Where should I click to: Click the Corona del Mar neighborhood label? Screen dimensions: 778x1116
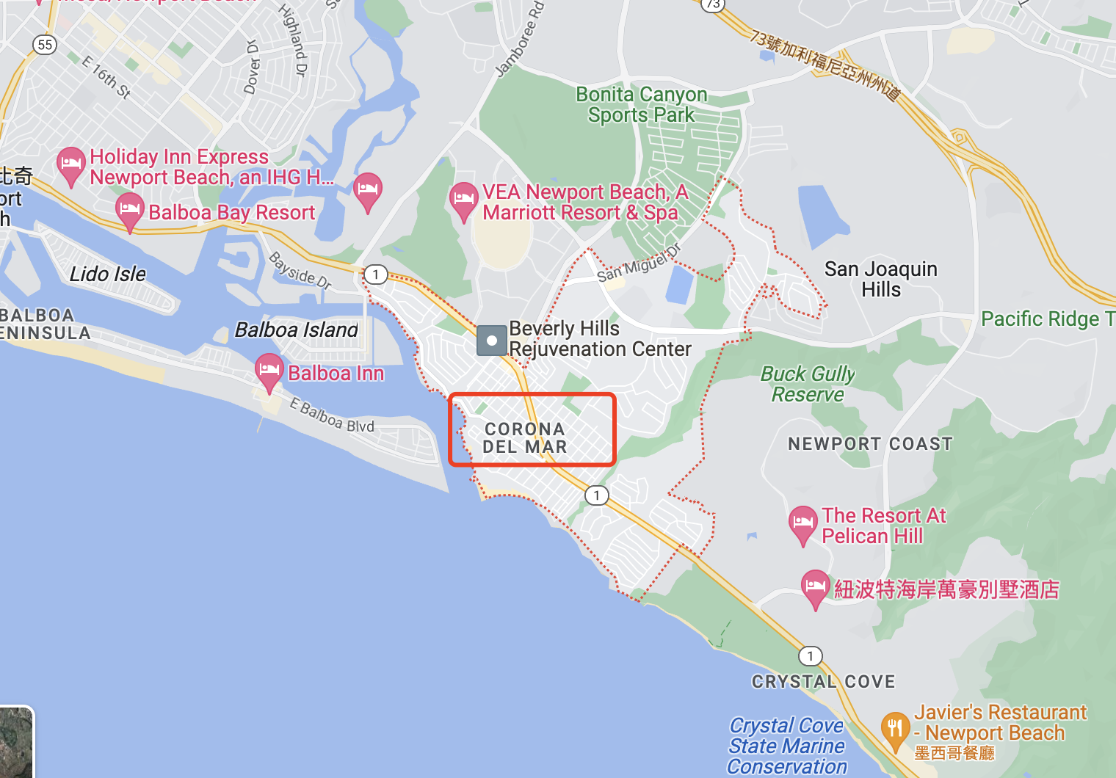524,437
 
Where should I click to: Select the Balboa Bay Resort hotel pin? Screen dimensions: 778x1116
130,211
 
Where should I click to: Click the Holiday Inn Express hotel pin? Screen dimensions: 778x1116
70,165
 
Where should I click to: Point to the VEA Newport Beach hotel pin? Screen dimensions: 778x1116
463,200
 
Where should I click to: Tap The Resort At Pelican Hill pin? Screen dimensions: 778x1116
802,523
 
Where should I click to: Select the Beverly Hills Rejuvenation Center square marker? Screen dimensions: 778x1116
491,341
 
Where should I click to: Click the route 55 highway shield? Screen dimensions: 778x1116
45,45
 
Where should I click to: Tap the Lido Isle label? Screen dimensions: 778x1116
108,275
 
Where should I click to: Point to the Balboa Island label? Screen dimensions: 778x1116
297,330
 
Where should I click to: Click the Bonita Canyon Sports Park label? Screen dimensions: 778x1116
641,104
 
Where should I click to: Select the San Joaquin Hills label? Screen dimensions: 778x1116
880,279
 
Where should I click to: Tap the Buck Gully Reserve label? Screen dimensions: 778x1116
808,384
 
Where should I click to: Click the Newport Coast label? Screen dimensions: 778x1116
870,444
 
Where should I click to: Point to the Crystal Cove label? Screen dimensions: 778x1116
823,682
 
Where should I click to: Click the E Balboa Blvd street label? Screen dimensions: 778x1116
332,416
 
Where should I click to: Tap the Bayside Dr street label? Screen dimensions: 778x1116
300,269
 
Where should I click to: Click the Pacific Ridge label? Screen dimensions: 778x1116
1047,319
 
